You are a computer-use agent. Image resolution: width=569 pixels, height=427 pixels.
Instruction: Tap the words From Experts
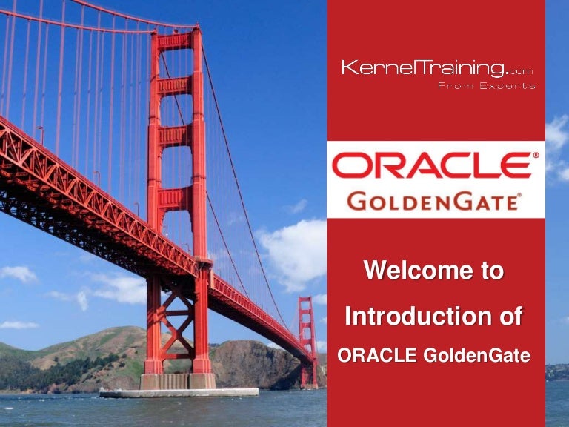pyautogui.click(x=486, y=86)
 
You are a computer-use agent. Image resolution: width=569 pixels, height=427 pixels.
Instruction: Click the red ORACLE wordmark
pyautogui.click(x=430, y=165)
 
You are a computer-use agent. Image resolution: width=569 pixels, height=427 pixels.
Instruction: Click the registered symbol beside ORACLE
pyautogui.click(x=536, y=156)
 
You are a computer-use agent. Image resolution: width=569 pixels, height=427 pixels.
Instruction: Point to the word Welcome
pyautogui.click(x=408, y=271)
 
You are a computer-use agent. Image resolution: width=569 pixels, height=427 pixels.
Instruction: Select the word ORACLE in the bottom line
pyautogui.click(x=376, y=356)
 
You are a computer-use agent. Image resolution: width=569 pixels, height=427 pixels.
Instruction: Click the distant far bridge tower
pyautogui.click(x=307, y=334)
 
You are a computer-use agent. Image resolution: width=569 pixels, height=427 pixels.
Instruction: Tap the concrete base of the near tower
pyautogui.click(x=179, y=381)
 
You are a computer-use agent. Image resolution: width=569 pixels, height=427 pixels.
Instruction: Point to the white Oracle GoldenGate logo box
pyautogui.click(x=436, y=179)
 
